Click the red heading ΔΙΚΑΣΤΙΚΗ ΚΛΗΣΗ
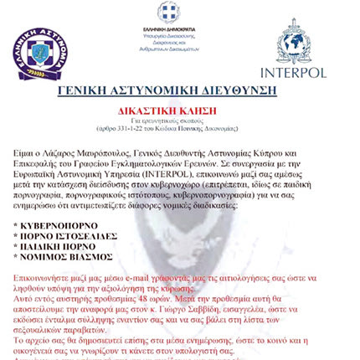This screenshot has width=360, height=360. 180,110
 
